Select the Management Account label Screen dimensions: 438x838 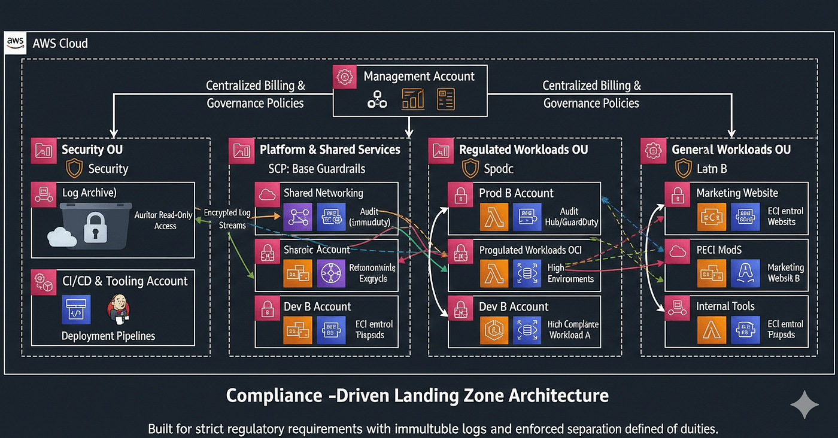(x=418, y=77)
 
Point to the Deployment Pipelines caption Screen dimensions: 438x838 (x=108, y=336)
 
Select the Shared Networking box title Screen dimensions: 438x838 (x=323, y=193)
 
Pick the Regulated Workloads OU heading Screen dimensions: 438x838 (x=523, y=150)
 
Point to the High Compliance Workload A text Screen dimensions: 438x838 (x=573, y=330)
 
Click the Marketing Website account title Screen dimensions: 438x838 (x=737, y=193)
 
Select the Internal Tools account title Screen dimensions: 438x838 (x=725, y=306)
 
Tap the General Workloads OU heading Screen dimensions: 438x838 (x=731, y=150)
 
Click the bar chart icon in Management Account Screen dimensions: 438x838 (x=413, y=99)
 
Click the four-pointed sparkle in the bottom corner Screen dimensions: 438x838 (x=804, y=405)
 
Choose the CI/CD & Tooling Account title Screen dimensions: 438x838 (x=125, y=281)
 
